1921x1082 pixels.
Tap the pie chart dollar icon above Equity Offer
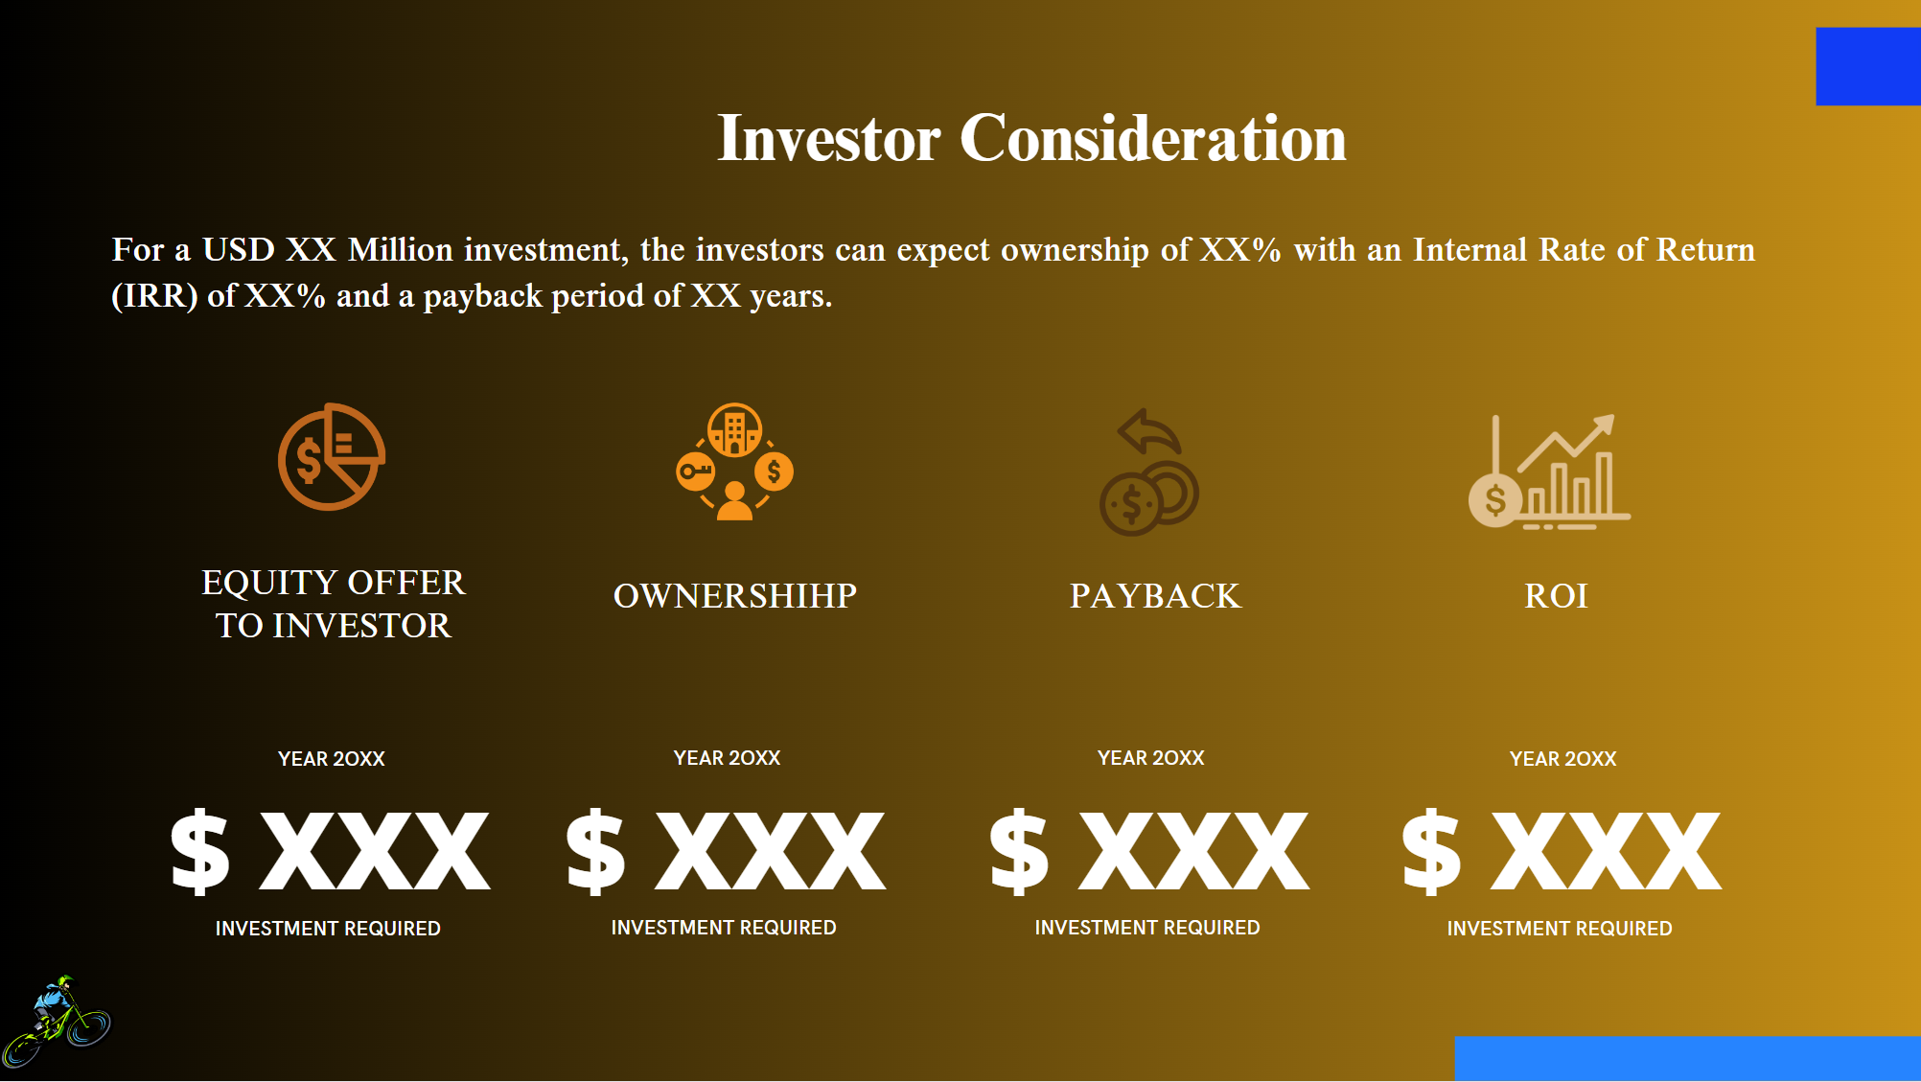click(x=332, y=457)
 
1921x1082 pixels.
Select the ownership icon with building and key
click(x=734, y=461)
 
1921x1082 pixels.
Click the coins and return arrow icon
click(x=1149, y=472)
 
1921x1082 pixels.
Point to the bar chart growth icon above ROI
click(x=1548, y=472)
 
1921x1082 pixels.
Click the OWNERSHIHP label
click(x=734, y=596)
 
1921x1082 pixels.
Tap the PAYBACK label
click(x=1155, y=596)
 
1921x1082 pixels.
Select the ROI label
click(x=1556, y=596)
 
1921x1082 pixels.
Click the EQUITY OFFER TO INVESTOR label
click(x=333, y=604)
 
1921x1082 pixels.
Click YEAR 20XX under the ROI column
click(x=1562, y=759)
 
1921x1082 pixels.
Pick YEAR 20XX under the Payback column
click(x=1150, y=758)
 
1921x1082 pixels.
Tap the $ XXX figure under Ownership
click(x=726, y=851)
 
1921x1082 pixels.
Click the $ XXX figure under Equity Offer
click(x=330, y=851)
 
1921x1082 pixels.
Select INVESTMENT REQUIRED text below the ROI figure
click(x=1559, y=929)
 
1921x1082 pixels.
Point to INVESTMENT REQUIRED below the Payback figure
click(x=1146, y=928)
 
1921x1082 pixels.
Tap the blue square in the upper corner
click(x=1867, y=66)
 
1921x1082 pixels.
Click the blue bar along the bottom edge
click(x=1687, y=1058)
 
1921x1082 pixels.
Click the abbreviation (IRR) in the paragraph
click(x=154, y=296)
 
